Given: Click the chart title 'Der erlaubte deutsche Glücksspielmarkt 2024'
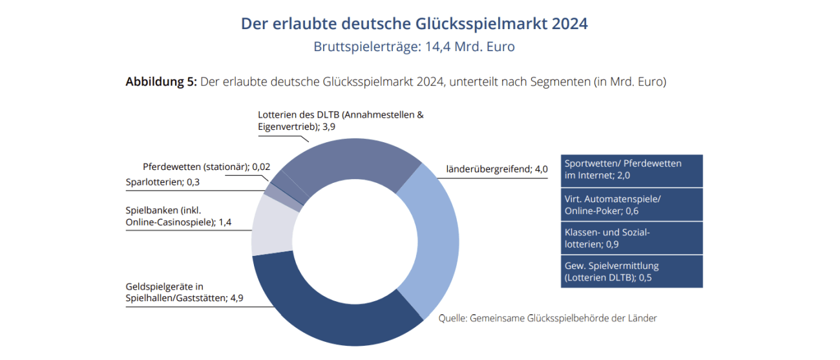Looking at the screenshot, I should pyautogui.click(x=414, y=24).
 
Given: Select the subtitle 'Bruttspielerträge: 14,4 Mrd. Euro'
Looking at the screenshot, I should pyautogui.click(x=414, y=47).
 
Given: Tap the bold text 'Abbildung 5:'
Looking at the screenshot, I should pyautogui.click(x=161, y=82).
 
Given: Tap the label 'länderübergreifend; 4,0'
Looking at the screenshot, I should pyautogui.click(x=497, y=169).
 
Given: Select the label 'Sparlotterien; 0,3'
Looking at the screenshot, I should pyautogui.click(x=162, y=182).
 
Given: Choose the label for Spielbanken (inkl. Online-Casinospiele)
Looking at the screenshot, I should pyautogui.click(x=178, y=217).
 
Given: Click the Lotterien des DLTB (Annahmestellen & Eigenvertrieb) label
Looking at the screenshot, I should pyautogui.click(x=340, y=121).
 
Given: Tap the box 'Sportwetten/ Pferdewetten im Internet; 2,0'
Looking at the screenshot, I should pyautogui.click(x=631, y=170).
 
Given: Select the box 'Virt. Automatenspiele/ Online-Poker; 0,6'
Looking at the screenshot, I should pyautogui.click(x=631, y=204).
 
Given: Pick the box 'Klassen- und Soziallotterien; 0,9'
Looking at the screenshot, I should pyautogui.click(x=631, y=238).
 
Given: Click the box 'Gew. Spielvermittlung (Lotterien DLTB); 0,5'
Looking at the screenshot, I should pyautogui.click(x=631, y=271).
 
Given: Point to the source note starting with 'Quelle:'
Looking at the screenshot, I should pyautogui.click(x=547, y=318).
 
